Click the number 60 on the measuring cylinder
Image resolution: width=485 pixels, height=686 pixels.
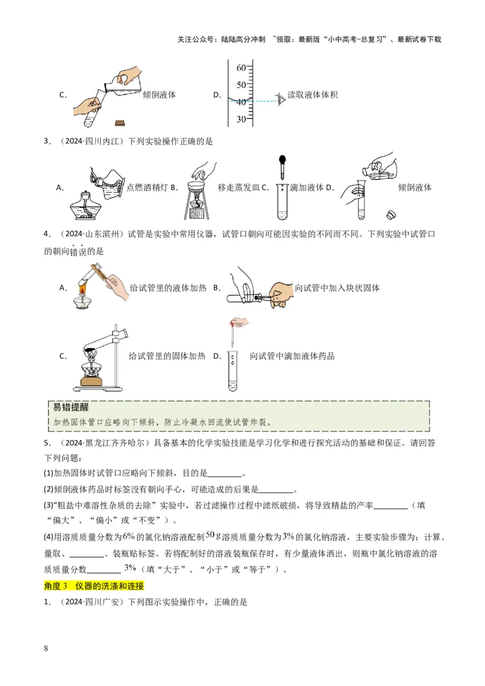[x=241, y=67]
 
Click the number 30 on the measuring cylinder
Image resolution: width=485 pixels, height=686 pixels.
[x=241, y=119]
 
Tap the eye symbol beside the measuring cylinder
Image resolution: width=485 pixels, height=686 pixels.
[x=281, y=99]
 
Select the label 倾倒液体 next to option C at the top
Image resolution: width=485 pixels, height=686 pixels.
[x=159, y=95]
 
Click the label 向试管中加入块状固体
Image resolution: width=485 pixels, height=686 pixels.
[x=337, y=288]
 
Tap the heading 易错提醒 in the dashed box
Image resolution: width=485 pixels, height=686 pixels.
[x=71, y=407]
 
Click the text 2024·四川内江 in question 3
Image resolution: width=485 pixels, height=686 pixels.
[x=92, y=141]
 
